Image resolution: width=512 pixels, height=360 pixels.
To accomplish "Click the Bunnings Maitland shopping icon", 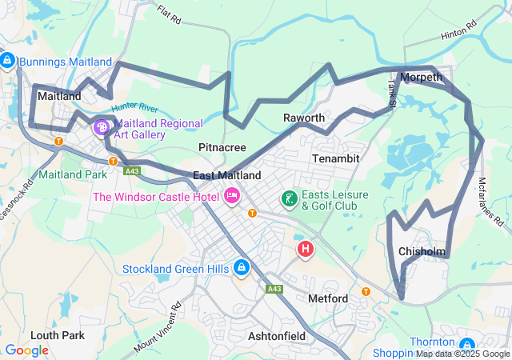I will tap(7, 61).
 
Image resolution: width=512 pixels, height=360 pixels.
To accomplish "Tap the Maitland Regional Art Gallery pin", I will tap(102, 126).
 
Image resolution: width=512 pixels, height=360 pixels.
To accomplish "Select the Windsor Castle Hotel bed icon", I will tap(233, 196).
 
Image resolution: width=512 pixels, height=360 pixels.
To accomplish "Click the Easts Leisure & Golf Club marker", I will tap(288, 198).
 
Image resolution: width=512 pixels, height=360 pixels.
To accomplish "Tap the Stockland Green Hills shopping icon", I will tap(241, 268).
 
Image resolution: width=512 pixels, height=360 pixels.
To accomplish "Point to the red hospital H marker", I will tap(306, 250).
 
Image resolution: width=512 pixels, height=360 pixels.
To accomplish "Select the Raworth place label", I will tap(304, 118).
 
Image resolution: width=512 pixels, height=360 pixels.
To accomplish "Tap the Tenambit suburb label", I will tap(336, 158).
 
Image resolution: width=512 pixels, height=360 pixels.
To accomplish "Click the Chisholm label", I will tap(422, 251).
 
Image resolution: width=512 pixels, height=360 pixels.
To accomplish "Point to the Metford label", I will tap(328, 298).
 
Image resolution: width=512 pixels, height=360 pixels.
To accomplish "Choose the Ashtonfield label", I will tap(276, 336).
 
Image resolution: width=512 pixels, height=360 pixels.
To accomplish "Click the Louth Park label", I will tap(58, 334).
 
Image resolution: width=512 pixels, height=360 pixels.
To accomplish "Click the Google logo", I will tap(26, 350).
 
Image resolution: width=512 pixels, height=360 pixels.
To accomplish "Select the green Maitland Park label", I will tap(73, 174).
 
